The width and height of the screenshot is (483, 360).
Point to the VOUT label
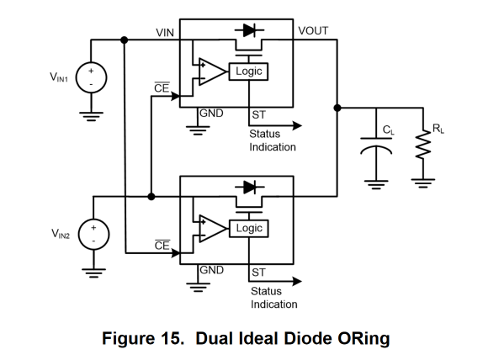[x=313, y=31]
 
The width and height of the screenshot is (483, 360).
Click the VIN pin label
[x=165, y=33]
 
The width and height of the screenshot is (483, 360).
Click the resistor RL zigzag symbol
[x=423, y=145]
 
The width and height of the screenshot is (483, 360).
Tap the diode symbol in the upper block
[x=249, y=30]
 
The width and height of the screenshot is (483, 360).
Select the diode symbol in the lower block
[x=250, y=187]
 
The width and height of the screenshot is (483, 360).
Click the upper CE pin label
[x=162, y=87]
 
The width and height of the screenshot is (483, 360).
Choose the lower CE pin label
[x=162, y=245]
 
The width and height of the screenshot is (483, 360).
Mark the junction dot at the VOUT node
[x=337, y=108]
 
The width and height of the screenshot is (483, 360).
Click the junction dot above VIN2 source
[x=151, y=197]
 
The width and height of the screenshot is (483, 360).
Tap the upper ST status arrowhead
[x=297, y=125]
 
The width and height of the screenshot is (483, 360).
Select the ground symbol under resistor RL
[x=423, y=183]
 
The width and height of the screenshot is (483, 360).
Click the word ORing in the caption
[x=364, y=339]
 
